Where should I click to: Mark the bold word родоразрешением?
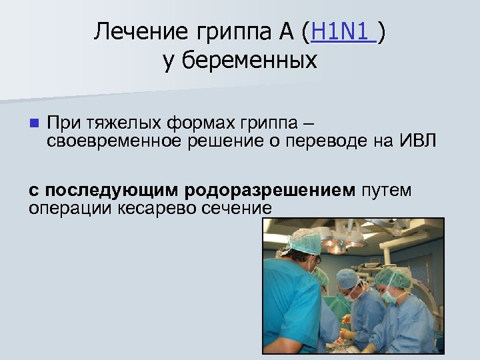coord(271,191)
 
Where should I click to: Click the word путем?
coord(386,191)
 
